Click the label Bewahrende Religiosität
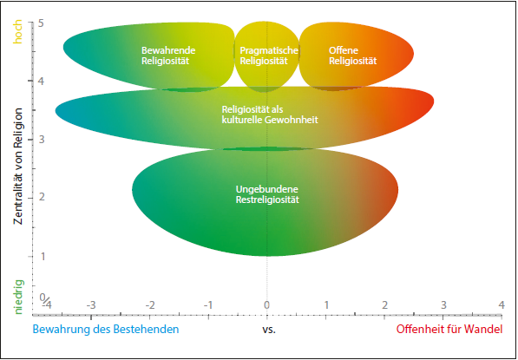click(168, 56)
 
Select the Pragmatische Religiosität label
click(269, 56)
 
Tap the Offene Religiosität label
click(352, 56)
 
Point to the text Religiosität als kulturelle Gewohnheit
click(270, 115)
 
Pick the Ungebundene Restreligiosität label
click(267, 194)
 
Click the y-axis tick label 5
click(41, 23)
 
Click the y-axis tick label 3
click(41, 140)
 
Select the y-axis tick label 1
click(41, 256)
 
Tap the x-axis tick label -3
click(91, 304)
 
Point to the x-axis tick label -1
click(208, 304)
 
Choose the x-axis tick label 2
click(384, 304)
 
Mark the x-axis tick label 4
click(502, 304)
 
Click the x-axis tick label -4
click(46, 304)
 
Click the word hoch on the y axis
click(18, 32)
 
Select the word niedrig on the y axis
click(19, 297)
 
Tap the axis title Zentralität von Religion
click(18, 167)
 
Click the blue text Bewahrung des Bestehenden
click(106, 330)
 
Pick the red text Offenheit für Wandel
click(449, 330)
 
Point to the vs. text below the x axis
click(269, 330)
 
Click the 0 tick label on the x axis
click(267, 304)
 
